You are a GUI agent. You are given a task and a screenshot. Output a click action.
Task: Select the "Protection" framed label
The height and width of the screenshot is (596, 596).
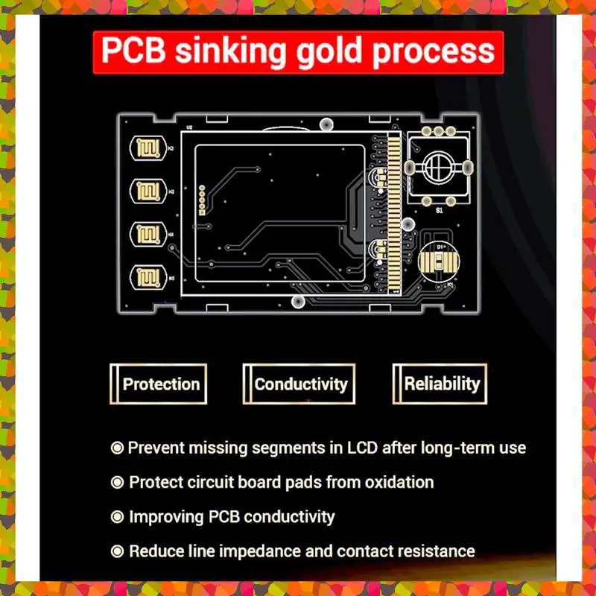pos(161,384)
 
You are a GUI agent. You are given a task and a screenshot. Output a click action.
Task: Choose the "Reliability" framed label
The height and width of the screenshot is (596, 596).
pos(442,384)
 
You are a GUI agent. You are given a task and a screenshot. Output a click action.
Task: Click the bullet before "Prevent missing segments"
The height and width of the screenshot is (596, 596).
pos(117,448)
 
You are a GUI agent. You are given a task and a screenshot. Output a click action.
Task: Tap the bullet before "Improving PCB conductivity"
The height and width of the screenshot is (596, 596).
pos(117,516)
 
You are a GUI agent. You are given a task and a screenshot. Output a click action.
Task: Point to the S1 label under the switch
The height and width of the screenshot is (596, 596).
pos(440,212)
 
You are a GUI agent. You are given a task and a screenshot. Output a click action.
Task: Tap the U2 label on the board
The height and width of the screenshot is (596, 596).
pos(189,128)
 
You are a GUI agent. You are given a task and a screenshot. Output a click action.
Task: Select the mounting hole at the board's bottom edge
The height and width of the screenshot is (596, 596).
pos(299,301)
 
